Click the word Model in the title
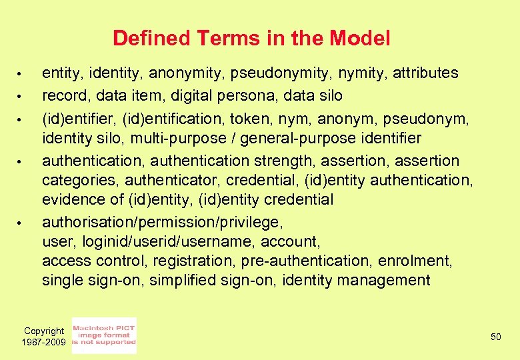(360, 39)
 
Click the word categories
(79, 181)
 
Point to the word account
(289, 241)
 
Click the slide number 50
(495, 337)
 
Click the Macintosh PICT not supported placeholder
(104, 335)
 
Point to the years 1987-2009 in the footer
(44, 342)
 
